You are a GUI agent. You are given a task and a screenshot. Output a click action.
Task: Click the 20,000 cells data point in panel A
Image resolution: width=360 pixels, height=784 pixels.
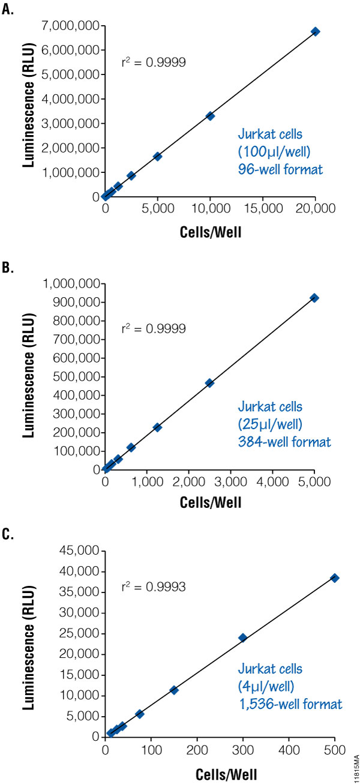pos(315,31)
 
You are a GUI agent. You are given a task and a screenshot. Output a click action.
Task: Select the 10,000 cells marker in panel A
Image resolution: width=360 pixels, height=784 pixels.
pos(210,116)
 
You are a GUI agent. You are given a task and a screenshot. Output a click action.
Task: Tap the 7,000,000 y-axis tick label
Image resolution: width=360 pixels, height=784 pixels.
pos(70,26)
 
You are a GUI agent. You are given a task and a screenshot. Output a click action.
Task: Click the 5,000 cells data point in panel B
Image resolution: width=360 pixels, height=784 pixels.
pos(314,298)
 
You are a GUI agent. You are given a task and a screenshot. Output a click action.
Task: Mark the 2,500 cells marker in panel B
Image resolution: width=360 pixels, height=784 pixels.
pos(209,383)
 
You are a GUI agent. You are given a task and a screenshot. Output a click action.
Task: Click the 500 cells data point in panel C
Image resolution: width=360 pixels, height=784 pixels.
pos(335,577)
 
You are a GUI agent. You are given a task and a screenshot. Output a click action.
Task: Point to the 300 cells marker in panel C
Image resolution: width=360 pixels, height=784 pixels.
pos(242,638)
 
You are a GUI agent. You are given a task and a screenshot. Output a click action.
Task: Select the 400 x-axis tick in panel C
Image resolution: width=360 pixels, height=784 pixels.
pos(289,749)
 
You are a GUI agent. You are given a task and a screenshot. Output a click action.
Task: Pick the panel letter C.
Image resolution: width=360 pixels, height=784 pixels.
pos(8,534)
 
